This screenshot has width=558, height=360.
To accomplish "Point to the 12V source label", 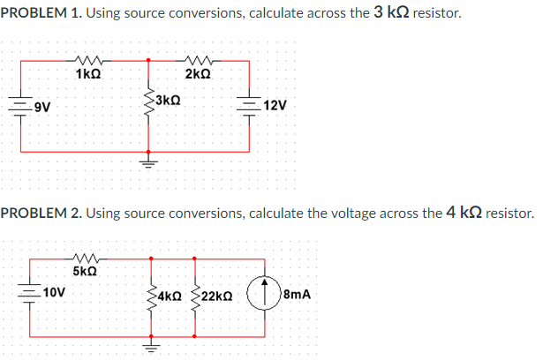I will point(275,105).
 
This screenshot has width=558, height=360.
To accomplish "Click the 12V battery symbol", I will point(253,105).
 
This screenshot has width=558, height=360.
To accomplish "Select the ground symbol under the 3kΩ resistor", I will point(148,163).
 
